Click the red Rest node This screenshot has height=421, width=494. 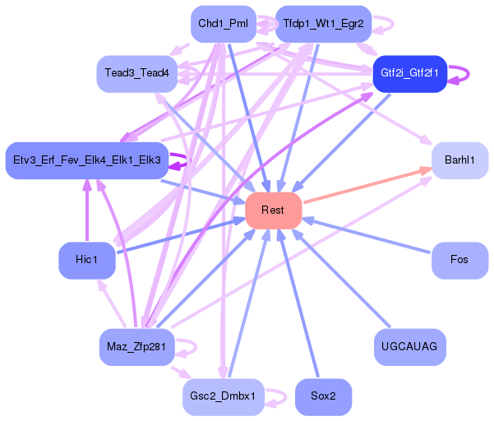coord(273,210)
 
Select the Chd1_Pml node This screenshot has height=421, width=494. coord(223,24)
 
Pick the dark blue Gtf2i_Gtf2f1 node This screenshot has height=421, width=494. coord(409,74)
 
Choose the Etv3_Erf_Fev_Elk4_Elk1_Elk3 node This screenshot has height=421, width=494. coord(86,159)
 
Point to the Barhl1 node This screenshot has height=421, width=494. coord(459,160)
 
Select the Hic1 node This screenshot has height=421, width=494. coord(86,260)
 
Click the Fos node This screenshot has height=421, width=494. coord(459,260)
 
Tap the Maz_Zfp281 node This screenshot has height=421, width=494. coord(136,346)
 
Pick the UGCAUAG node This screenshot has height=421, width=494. coord(409,346)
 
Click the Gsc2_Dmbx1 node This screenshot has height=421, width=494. coord(223,396)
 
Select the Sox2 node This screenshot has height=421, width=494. coord(323,396)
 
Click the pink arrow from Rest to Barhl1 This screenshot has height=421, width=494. coord(367,186)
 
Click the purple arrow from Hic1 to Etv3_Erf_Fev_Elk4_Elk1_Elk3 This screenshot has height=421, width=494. coord(86,210)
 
